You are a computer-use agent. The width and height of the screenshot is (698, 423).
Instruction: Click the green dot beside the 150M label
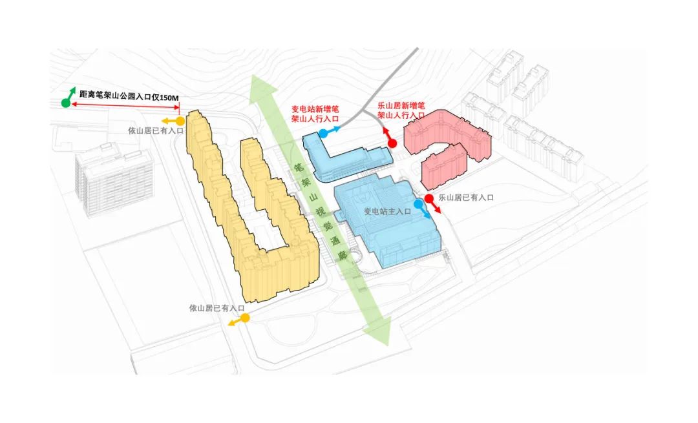click(65, 103)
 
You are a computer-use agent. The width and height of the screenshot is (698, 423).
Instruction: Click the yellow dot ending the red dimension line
click(181, 121)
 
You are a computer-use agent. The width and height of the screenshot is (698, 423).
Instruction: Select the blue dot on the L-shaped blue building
click(323, 133)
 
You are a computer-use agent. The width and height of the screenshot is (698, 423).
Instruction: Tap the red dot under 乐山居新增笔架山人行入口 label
click(392, 143)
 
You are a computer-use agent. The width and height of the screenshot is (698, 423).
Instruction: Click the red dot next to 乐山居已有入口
click(428, 198)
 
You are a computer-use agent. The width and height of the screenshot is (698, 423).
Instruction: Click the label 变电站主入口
click(387, 211)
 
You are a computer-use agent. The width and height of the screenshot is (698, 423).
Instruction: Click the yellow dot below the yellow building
click(245, 318)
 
